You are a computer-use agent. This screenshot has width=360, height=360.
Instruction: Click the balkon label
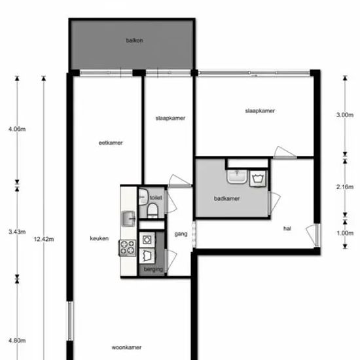135,41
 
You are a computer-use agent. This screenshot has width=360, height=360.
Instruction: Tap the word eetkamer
111,143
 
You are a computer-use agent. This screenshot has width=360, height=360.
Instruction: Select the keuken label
99,238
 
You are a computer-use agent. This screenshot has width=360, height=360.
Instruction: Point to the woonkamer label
126,348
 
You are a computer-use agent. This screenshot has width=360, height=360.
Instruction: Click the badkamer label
227,198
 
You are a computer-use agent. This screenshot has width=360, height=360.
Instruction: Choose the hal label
287,228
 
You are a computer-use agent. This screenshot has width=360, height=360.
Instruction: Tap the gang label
181,234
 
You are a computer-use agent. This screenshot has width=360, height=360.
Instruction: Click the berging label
153,269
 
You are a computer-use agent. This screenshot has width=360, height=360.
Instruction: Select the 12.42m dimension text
44,239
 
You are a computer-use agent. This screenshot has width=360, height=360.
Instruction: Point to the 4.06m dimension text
17,129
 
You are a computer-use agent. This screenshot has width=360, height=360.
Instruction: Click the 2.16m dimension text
345,187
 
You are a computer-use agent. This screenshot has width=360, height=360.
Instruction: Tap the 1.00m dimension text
345,233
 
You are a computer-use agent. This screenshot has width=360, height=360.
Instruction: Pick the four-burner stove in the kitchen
128,248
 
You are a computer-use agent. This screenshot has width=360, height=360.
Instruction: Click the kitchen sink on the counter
128,219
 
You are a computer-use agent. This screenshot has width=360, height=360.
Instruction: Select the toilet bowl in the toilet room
152,211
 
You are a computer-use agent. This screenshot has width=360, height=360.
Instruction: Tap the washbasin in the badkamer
237,176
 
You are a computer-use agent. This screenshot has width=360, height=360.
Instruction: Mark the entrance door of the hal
313,236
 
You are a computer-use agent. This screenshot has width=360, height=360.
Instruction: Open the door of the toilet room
171,202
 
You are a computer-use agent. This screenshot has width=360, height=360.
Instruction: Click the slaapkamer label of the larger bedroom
260,111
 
